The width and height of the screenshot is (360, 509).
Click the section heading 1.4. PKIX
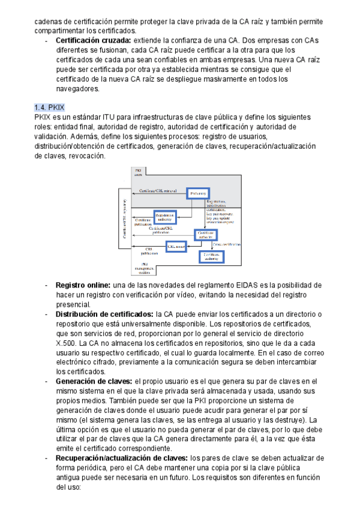click(50, 107)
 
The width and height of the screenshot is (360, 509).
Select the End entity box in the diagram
click(199, 193)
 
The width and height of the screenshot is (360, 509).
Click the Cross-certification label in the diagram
click(227, 244)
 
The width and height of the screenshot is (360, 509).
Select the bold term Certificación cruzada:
click(90, 40)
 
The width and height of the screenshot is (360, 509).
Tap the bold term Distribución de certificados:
click(104, 314)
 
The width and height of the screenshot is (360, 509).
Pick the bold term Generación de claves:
click(94, 381)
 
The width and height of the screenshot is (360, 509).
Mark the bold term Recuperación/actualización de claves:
click(122, 458)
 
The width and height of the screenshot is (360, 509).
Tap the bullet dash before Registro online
click(47, 285)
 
